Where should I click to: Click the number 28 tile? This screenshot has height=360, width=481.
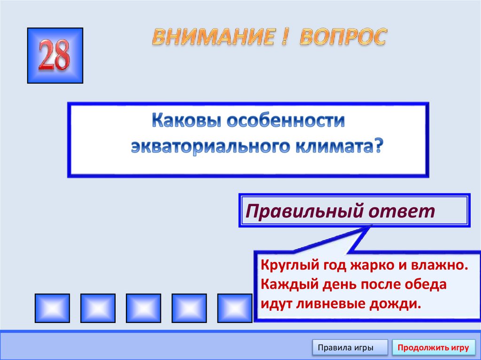[55, 55]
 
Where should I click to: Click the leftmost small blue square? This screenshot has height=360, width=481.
[52, 307]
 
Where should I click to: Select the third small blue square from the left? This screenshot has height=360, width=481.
[143, 307]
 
